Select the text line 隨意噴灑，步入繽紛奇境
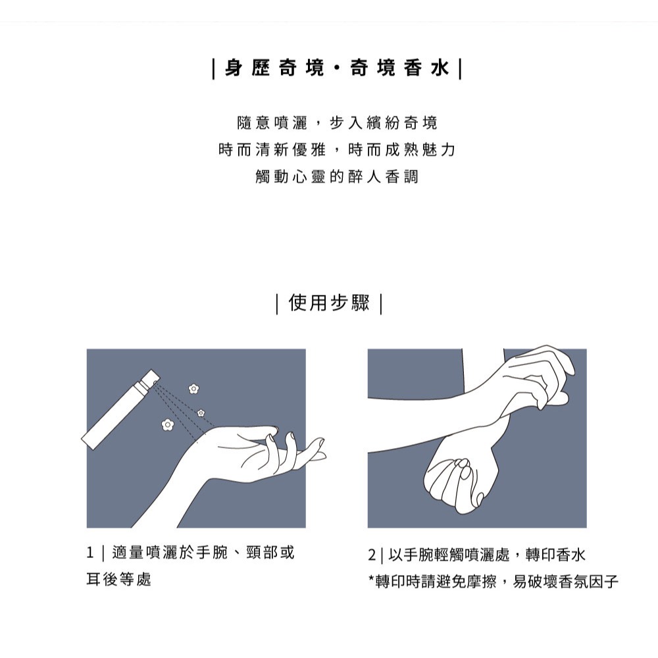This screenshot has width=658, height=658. pyautogui.click(x=336, y=123)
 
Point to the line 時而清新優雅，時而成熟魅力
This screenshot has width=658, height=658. pyautogui.click(x=336, y=150)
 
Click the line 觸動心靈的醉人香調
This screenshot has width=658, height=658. pyautogui.click(x=336, y=177)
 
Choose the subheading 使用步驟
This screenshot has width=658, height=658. pyautogui.click(x=329, y=303)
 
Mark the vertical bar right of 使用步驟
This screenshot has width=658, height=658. pyautogui.click(x=381, y=304)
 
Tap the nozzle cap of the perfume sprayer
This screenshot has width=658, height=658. pyautogui.click(x=149, y=378)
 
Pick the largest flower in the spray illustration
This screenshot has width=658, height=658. pyautogui.click(x=167, y=424)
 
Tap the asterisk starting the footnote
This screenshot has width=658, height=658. pyautogui.click(x=371, y=580)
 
